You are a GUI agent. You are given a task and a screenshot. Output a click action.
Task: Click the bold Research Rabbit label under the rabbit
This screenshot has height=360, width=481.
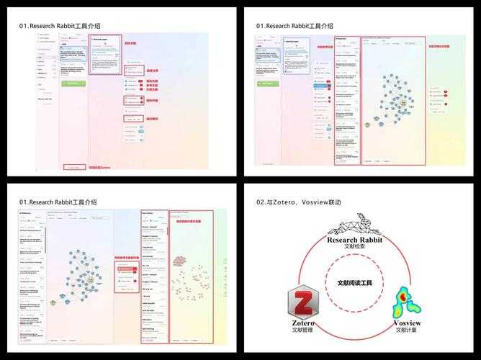355,239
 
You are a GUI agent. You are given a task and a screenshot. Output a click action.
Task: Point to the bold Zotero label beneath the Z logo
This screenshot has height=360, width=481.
302,324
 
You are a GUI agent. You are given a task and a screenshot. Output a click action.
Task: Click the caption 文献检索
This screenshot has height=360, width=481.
355,247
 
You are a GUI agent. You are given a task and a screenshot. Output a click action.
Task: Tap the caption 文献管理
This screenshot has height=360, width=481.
302,331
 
